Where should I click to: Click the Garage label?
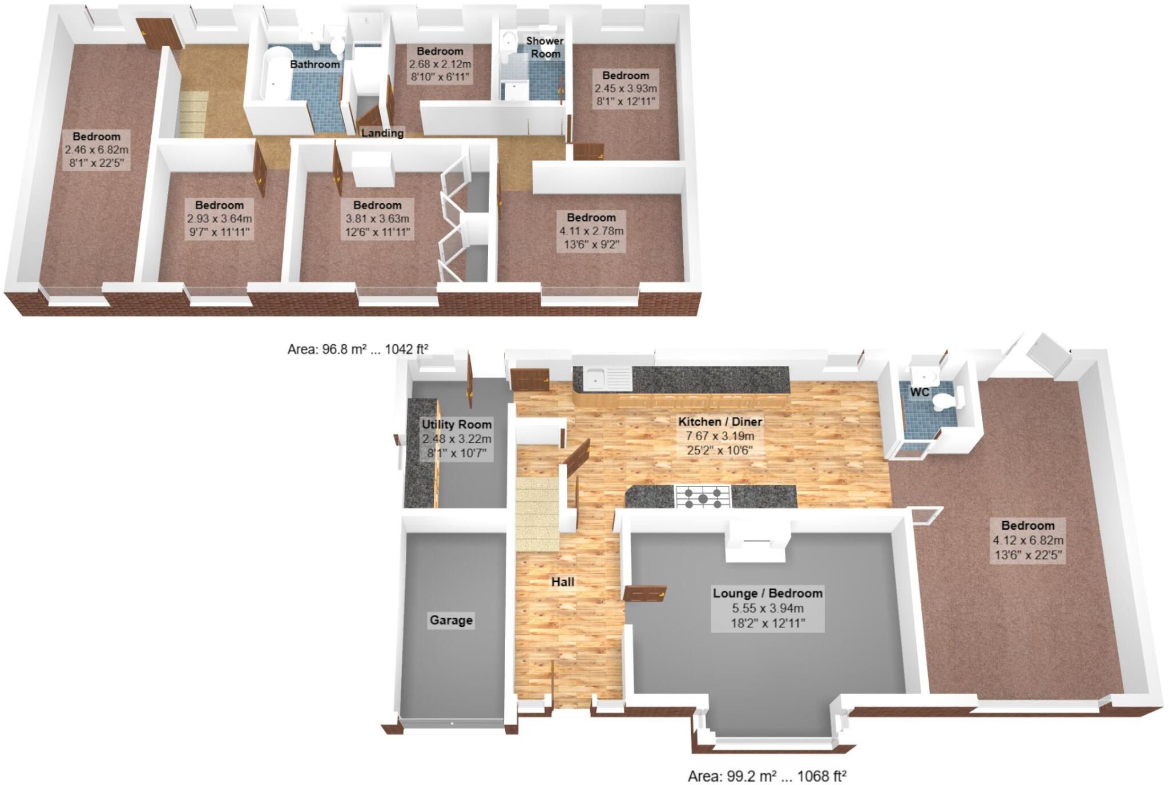(x=451, y=620)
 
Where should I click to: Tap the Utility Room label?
(x=457, y=424)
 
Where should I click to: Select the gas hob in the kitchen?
(x=703, y=496)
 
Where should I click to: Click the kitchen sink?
(x=596, y=377)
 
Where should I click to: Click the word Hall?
(x=562, y=582)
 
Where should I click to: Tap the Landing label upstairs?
(x=382, y=133)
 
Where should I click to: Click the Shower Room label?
(x=545, y=47)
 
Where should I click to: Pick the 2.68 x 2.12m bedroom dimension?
(x=440, y=63)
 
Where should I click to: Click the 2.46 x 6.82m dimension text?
(x=96, y=150)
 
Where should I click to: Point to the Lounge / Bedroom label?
(x=767, y=593)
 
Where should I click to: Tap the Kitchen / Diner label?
(x=720, y=422)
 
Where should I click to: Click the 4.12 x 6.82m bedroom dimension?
(x=1027, y=540)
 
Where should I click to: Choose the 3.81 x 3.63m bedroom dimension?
(x=377, y=219)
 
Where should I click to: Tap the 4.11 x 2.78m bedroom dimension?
(x=591, y=231)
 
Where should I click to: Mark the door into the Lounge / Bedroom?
(x=645, y=593)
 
